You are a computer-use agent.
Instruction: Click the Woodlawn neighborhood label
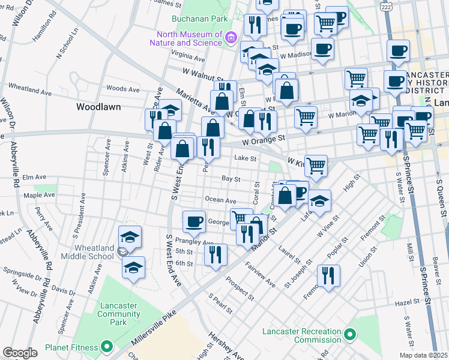click(98, 107)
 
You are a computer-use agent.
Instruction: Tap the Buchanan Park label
click(196, 19)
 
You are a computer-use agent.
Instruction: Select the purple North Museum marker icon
click(230, 39)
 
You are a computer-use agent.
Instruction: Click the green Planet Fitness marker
click(107, 347)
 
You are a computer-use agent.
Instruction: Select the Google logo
click(20, 352)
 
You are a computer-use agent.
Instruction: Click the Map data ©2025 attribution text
click(423, 355)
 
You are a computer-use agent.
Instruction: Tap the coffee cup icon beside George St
click(193, 223)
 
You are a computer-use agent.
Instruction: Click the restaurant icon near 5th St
click(215, 254)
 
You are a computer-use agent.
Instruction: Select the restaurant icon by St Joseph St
click(328, 276)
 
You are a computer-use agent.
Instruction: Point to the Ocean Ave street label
click(220, 200)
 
